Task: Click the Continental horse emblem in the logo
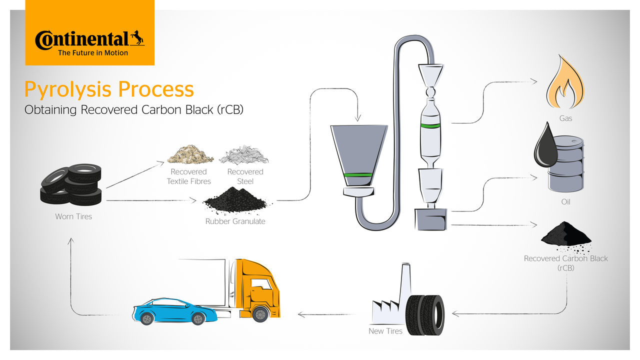point(137,38)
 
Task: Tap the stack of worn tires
point(71,184)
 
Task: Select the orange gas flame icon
point(565,85)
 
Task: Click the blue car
point(174,311)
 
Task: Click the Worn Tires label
point(73,217)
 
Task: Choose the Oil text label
point(565,202)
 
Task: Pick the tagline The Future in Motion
point(93,53)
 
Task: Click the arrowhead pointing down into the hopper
point(357,118)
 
